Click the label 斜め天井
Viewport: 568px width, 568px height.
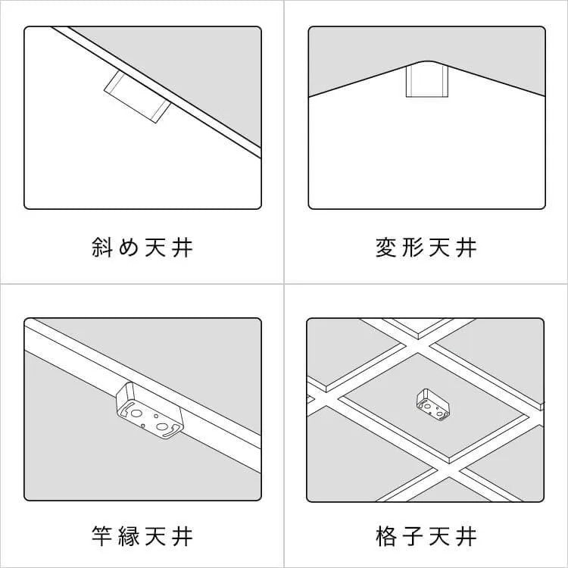(142, 248)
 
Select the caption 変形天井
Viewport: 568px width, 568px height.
(426, 248)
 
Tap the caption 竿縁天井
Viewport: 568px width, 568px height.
(142, 535)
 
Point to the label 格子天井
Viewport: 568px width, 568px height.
(426, 535)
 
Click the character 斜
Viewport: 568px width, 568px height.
(101, 248)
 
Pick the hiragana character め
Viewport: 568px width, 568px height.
(129, 248)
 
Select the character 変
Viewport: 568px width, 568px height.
(385, 248)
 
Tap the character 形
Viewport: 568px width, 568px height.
(413, 248)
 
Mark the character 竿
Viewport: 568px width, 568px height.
(101, 535)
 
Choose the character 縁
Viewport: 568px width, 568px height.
(129, 535)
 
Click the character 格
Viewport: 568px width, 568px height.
(385, 535)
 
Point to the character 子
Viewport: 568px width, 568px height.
(413, 535)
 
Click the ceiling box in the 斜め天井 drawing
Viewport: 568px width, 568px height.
(138, 97)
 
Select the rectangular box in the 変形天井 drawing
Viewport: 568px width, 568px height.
(427, 81)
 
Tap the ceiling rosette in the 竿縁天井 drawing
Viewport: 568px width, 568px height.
(150, 410)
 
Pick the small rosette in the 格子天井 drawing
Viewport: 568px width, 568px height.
(433, 404)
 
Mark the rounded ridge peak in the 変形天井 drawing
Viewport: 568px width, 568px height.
(427, 61)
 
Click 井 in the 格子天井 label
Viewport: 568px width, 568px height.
(467, 535)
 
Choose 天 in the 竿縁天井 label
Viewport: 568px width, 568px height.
(155, 535)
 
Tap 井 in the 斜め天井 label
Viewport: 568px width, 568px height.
(183, 248)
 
